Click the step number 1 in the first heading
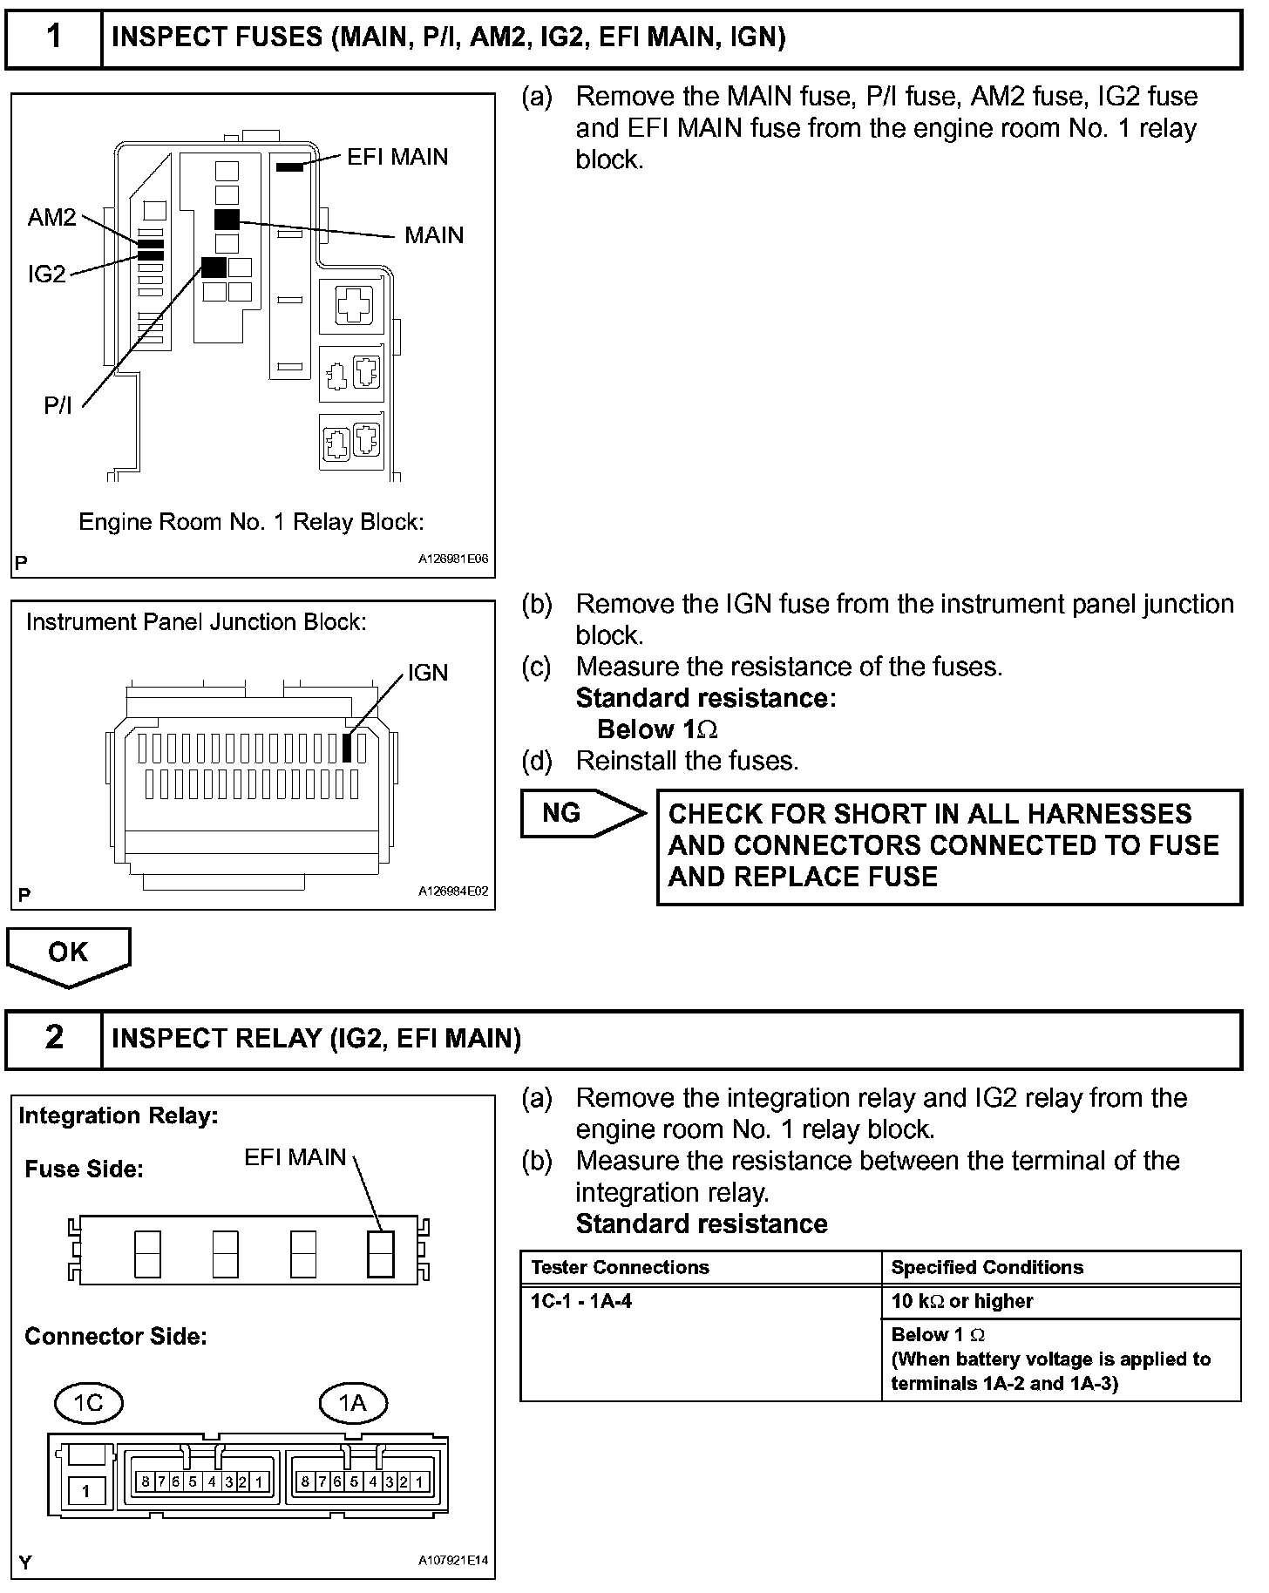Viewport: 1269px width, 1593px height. [54, 37]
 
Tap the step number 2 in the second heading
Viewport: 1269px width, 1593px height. [54, 1037]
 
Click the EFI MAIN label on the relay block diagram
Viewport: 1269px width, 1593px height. [397, 157]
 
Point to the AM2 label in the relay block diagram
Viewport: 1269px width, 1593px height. [52, 217]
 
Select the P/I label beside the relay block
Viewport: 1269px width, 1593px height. [58, 405]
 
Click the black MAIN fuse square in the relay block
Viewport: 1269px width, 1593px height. [227, 220]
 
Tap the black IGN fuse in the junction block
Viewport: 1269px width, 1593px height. [347, 748]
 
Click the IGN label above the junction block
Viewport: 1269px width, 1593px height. [427, 673]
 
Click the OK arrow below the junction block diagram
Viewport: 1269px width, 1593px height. [68, 954]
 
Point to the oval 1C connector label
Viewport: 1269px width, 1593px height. [88, 1402]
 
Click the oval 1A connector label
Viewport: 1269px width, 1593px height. [352, 1402]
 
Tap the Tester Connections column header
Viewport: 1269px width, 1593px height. [620, 1267]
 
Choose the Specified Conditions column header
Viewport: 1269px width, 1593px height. [987, 1267]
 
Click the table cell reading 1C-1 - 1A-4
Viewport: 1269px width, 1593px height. [581, 1301]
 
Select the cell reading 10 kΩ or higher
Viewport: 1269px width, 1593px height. [961, 1301]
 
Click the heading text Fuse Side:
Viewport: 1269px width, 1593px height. [84, 1169]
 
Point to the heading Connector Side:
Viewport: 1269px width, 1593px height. [115, 1336]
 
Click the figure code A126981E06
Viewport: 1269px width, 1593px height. [453, 560]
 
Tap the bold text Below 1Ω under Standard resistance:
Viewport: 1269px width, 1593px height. [657, 729]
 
